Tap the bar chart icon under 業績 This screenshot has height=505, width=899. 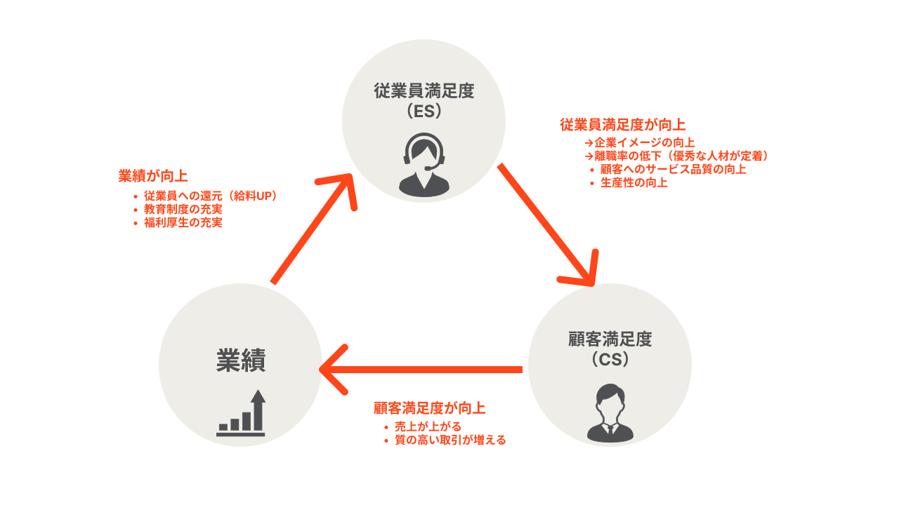241,414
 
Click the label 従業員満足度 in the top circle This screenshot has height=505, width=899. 424,91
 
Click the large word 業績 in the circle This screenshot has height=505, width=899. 240,361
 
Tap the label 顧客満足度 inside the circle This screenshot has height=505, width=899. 610,339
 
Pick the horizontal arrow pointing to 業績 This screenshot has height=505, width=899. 421,369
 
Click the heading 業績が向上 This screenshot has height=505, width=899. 153,176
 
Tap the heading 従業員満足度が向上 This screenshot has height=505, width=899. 622,126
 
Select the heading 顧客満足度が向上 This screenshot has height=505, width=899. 429,408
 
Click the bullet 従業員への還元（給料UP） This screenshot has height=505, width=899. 211,196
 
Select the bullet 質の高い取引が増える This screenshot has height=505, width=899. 449,440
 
